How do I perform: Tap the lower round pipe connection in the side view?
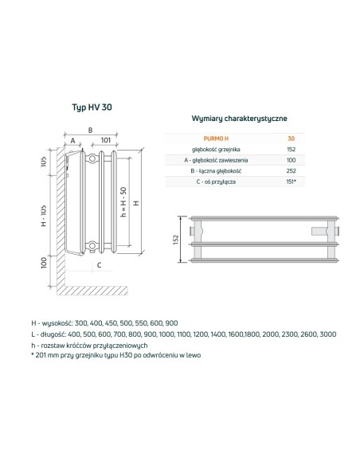click(x=94, y=244)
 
